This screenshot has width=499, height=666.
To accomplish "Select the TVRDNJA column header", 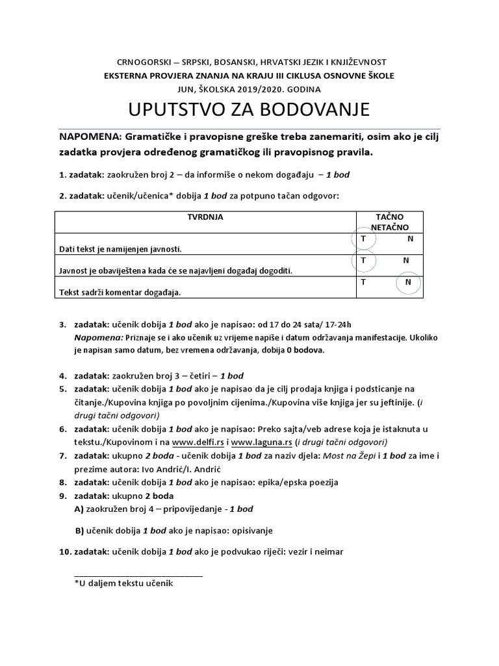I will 205,217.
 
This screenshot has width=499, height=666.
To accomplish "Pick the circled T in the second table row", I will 363,260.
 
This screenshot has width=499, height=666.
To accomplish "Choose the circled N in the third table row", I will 408,282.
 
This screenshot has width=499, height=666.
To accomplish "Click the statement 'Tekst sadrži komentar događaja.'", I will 116,292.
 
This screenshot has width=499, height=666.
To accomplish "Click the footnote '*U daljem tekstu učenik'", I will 123,583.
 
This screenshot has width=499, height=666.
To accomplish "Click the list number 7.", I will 62,456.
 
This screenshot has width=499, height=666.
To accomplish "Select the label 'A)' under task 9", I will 79,509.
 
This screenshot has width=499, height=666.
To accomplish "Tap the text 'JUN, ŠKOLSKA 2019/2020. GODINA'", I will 249,88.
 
